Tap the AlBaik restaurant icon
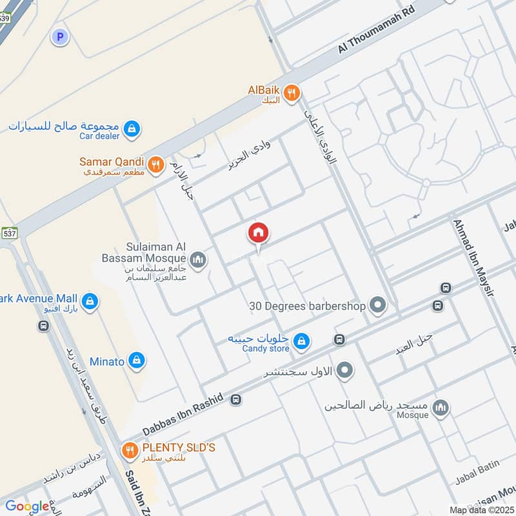[x=292, y=94]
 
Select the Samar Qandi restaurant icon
[x=155, y=165]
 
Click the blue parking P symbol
[x=60, y=37]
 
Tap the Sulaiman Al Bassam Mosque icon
[x=198, y=260]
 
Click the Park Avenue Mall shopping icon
[x=90, y=300]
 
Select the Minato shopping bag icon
[x=136, y=361]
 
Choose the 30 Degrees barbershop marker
[x=378, y=306]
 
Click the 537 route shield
[x=10, y=232]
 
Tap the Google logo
[x=27, y=506]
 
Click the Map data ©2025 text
[x=482, y=510]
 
